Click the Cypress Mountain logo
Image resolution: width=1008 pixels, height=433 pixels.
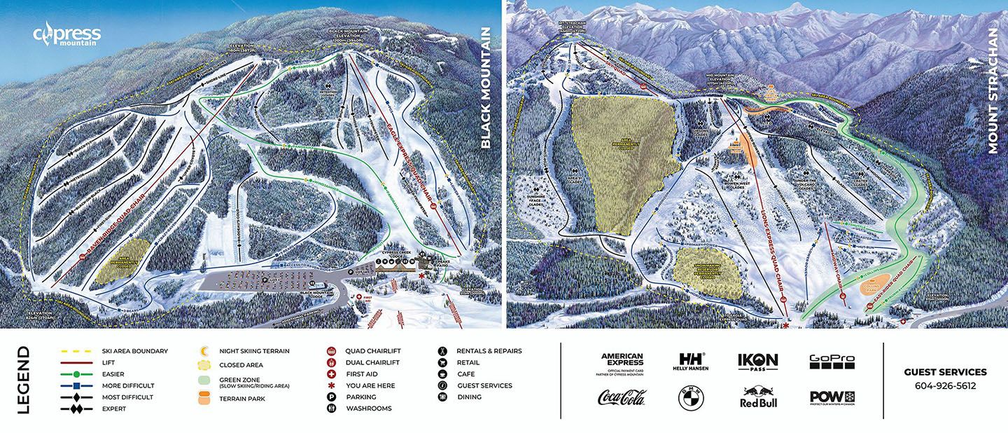[67, 36]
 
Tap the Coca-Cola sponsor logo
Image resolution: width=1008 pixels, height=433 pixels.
[621, 397]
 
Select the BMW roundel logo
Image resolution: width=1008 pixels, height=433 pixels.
[690, 398]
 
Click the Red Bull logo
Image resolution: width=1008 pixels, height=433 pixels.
[759, 397]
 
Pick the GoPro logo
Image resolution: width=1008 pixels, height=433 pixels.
[832, 361]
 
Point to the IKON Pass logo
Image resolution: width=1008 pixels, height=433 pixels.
[758, 362]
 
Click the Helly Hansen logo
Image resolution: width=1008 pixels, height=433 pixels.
[690, 362]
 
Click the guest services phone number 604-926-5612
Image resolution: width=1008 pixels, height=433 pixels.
[945, 386]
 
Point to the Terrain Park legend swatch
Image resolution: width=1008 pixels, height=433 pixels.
[204, 398]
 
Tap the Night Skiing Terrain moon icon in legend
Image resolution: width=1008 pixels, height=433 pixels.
[204, 351]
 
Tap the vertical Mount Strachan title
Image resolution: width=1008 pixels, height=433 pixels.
[992, 91]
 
